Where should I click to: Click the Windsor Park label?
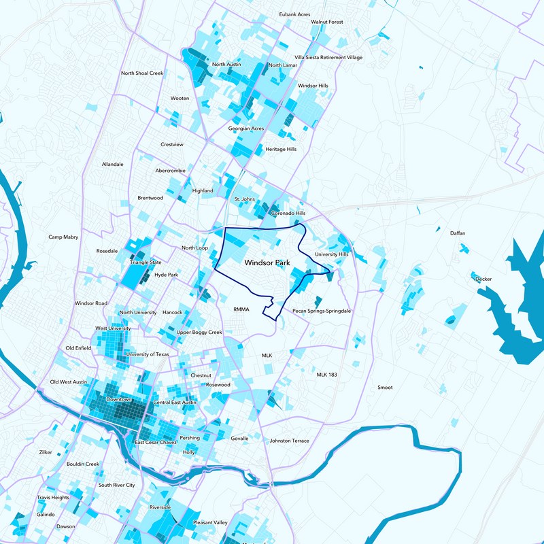tap(267, 261)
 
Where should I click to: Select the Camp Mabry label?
tap(63, 237)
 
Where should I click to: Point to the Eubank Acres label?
tap(295, 14)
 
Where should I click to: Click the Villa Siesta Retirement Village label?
tap(328, 58)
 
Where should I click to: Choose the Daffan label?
tap(458, 233)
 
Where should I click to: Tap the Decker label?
tap(483, 279)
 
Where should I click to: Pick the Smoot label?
tap(385, 388)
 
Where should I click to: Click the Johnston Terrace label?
tap(289, 441)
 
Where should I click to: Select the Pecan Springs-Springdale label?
tap(321, 310)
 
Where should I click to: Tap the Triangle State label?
tap(146, 262)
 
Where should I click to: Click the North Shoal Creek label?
tap(142, 73)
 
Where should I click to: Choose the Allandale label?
tap(112, 165)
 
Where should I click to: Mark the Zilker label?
tap(46, 452)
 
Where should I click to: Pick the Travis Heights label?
tap(53, 498)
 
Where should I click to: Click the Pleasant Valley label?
tap(210, 522)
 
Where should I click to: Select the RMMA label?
tap(242, 309)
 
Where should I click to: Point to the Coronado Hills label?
tap(288, 214)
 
